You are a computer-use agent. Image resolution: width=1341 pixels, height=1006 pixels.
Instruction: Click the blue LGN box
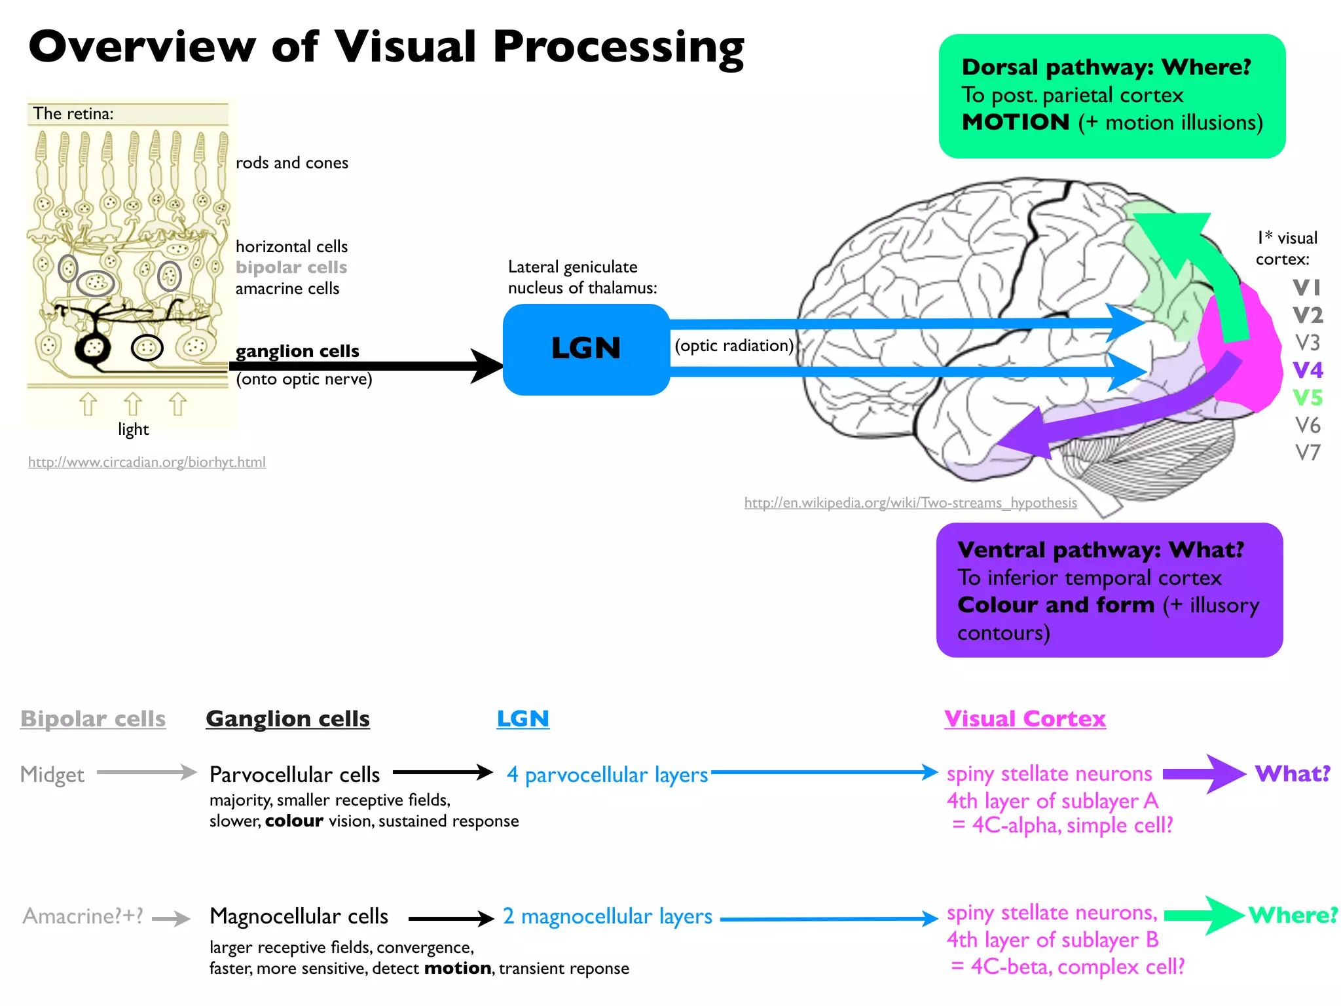coord(586,349)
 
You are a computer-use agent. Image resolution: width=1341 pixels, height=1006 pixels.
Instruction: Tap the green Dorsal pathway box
coord(1112,96)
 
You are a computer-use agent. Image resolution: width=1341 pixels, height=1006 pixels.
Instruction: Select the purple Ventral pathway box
coord(1109,589)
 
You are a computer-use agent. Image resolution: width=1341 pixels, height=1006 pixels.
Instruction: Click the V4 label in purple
coord(1308,370)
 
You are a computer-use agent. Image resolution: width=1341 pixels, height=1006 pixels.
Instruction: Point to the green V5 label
coord(1308,398)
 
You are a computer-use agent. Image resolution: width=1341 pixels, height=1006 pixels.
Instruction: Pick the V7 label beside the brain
coord(1308,453)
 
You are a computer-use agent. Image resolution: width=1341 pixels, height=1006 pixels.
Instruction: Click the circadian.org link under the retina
coord(147,462)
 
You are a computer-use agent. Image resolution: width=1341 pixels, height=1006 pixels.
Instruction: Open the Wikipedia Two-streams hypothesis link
coord(911,503)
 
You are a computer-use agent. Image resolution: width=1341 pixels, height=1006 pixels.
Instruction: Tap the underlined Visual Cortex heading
coord(1025,719)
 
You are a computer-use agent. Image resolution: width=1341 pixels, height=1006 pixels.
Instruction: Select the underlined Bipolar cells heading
coord(93,719)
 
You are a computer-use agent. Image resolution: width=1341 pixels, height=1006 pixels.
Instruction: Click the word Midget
coord(52,775)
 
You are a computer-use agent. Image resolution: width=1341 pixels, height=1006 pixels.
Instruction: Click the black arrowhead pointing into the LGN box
coord(487,366)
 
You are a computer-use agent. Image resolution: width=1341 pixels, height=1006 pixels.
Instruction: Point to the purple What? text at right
coord(1293,773)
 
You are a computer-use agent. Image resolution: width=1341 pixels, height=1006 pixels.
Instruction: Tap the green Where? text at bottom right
coord(1293,915)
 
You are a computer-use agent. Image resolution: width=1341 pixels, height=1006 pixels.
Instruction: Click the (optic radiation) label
coord(734,346)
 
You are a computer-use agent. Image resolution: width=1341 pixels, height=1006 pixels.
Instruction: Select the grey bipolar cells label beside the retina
coord(291,267)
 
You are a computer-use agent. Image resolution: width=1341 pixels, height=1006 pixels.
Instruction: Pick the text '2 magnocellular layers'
coord(608,916)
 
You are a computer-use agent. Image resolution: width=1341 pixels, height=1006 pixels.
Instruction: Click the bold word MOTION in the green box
coord(1016,122)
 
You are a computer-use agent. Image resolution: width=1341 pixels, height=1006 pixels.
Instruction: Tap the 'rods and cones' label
coord(292,162)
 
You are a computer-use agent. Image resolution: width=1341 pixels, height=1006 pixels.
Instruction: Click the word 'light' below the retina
coord(134,430)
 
